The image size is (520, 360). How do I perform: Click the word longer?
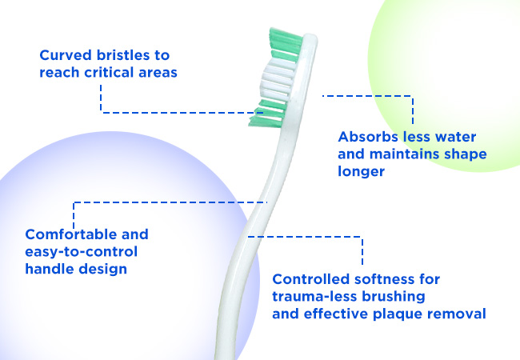(361, 172)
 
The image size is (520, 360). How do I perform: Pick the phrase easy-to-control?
(82, 252)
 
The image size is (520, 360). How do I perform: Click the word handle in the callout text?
(50, 269)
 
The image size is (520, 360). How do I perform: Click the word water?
(455, 137)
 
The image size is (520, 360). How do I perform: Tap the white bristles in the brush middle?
(278, 79)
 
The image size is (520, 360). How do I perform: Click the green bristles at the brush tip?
(286, 45)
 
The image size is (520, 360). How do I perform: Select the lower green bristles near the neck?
(267, 114)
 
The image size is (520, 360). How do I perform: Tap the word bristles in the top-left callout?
(122, 55)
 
